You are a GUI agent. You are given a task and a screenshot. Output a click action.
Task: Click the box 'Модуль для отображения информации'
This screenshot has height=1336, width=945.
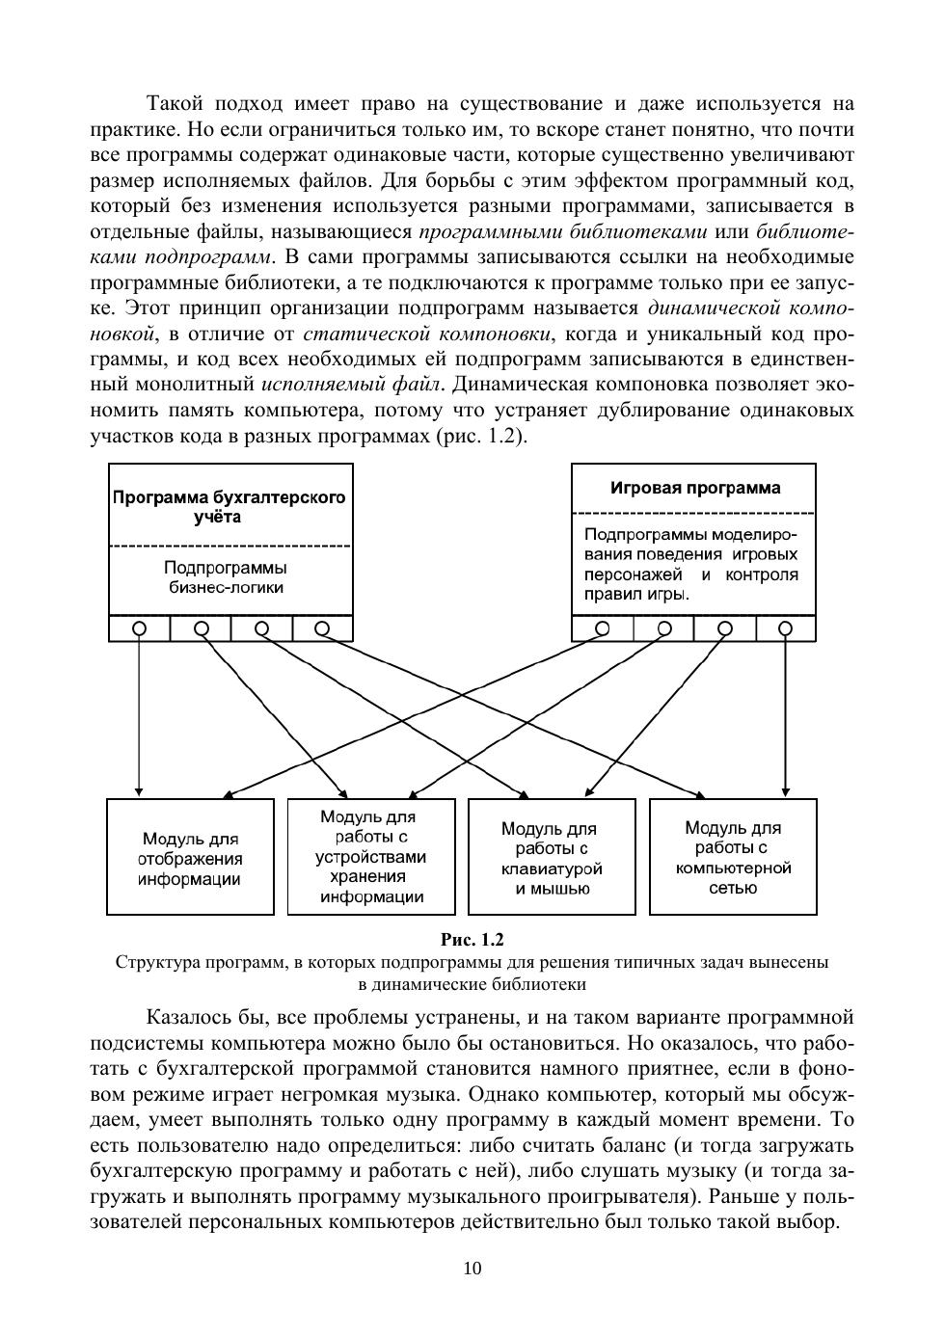[x=190, y=857]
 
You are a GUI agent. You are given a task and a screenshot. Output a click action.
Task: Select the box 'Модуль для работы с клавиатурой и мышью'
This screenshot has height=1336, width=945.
[x=551, y=857]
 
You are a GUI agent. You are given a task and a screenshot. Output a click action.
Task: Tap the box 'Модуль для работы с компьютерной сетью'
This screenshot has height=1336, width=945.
[x=732, y=856]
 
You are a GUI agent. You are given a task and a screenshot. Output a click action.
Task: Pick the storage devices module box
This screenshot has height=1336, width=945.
[x=371, y=856]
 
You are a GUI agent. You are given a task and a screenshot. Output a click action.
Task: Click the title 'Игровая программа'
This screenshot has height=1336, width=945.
[x=694, y=488]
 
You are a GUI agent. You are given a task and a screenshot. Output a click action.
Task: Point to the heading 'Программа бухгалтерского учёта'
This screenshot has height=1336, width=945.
[x=229, y=507]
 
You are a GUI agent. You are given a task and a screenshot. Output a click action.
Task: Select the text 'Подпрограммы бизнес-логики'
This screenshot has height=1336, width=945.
[x=226, y=577]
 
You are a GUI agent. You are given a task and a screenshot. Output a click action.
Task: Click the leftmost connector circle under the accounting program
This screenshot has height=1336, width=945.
[x=140, y=628]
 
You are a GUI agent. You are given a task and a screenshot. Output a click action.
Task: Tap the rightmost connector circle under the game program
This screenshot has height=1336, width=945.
[x=786, y=628]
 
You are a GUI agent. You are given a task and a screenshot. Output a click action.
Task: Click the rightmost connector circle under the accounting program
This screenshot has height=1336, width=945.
[x=322, y=628]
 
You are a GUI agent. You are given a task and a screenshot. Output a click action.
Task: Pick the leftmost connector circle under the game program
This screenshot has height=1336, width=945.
[x=603, y=628]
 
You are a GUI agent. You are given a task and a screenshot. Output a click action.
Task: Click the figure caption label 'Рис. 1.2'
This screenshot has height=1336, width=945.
[x=472, y=939]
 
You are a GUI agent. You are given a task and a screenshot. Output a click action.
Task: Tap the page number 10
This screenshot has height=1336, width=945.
[x=472, y=1268]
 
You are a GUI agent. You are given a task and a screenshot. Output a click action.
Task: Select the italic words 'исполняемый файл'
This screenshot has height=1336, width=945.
[x=352, y=385]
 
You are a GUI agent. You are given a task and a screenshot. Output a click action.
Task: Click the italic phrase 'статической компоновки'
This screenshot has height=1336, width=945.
[x=428, y=334]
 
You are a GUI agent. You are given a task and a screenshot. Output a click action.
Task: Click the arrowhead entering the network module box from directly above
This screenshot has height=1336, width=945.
[x=786, y=792]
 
